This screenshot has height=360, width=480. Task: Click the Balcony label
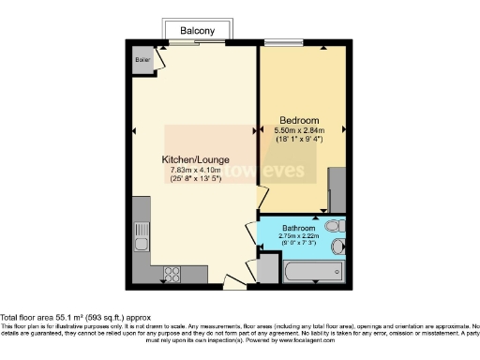196,29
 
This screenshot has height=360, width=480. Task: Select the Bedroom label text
299,121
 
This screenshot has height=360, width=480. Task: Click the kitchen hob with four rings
172,275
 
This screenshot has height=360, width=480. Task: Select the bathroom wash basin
338,247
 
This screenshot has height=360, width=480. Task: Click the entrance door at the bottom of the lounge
232,279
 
